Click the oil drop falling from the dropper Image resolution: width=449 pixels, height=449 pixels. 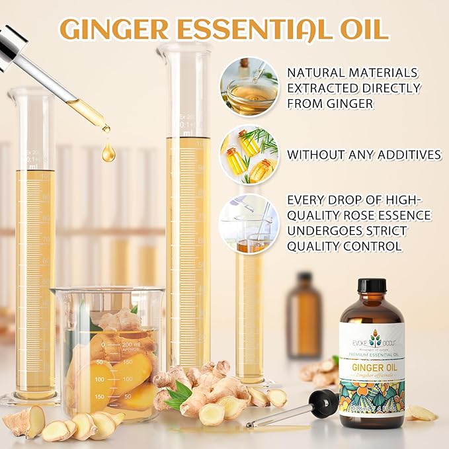[108, 152]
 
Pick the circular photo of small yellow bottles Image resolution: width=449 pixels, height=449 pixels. [249, 155]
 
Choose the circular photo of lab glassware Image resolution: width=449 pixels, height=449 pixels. [249, 224]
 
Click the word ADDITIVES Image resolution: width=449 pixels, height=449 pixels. [405, 155]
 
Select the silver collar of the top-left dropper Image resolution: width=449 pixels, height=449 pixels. [11, 48]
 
